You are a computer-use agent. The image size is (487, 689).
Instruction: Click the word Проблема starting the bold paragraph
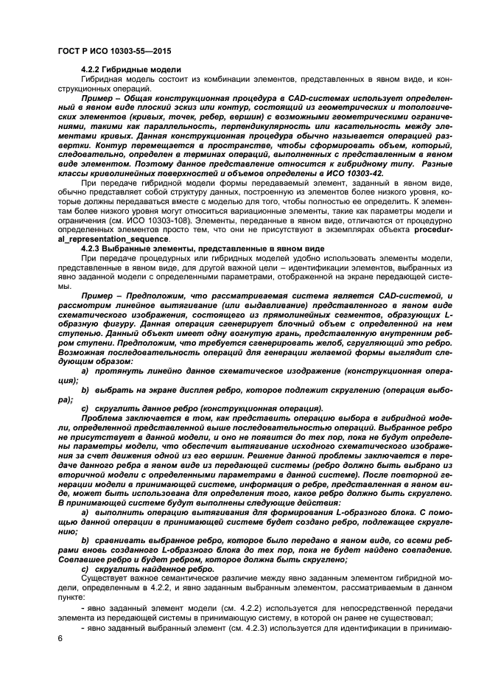pyautogui.click(x=103, y=418)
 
